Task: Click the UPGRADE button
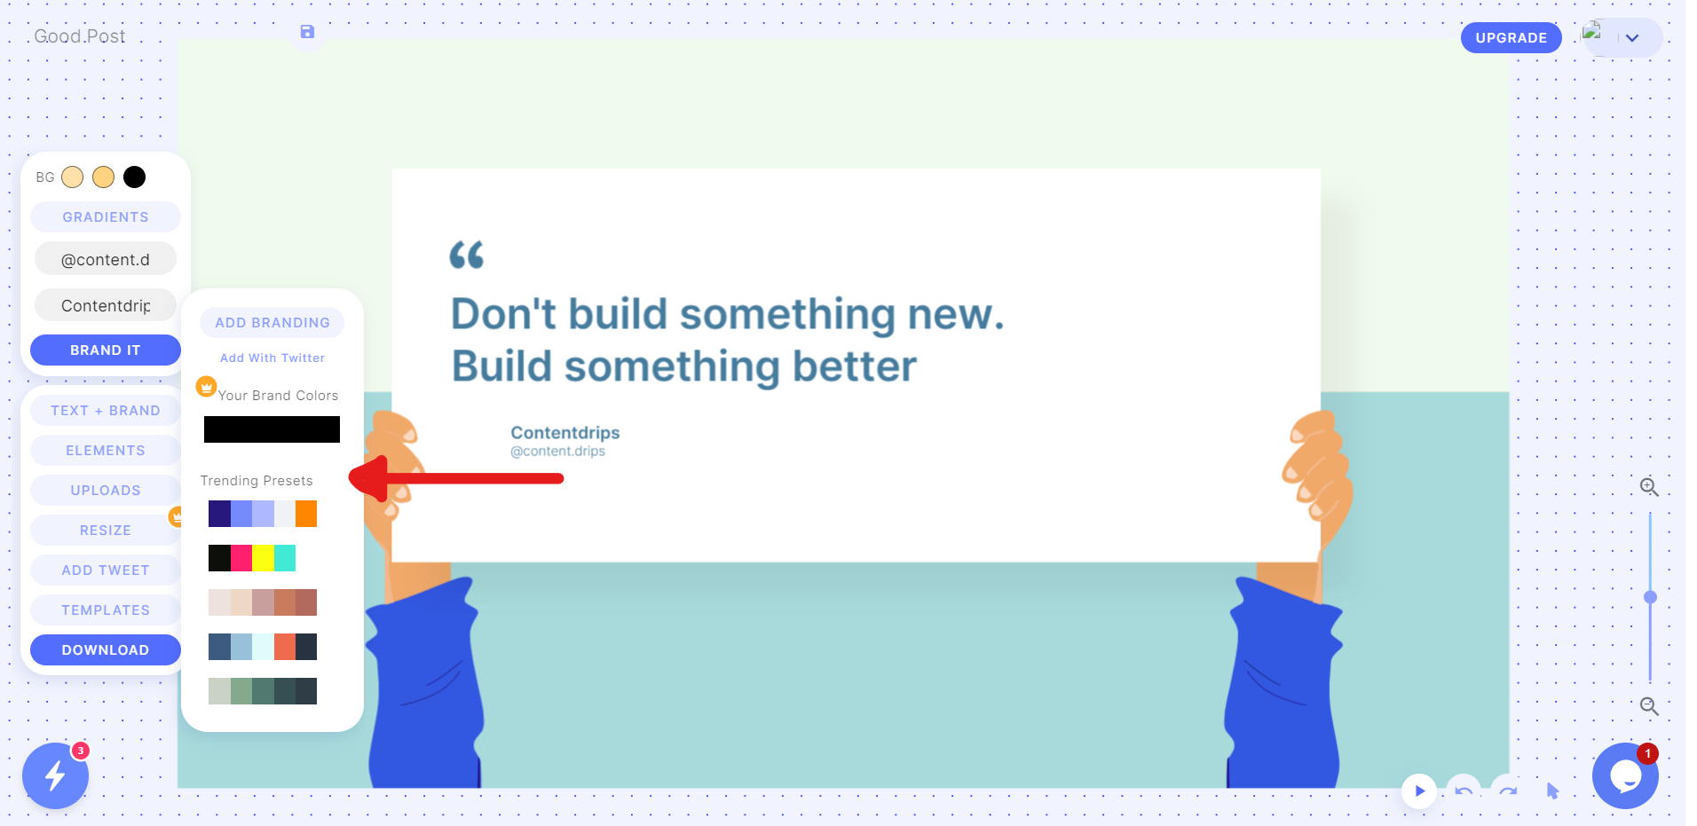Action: pyautogui.click(x=1511, y=38)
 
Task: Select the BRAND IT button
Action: pyautogui.click(x=106, y=350)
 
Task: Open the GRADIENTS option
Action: pyautogui.click(x=106, y=217)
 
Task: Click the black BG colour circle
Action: pyautogui.click(x=134, y=177)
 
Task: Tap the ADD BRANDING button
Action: pyautogui.click(x=272, y=323)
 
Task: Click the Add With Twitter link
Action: pyautogui.click(x=272, y=358)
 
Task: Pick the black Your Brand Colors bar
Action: pyautogui.click(x=272, y=429)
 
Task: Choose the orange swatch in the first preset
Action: pyautogui.click(x=306, y=514)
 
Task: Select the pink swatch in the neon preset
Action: pyautogui.click(x=241, y=558)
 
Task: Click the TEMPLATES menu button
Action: pyautogui.click(x=106, y=610)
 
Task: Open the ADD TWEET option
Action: pyautogui.click(x=106, y=570)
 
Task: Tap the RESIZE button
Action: pyautogui.click(x=106, y=531)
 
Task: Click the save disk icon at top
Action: pyautogui.click(x=307, y=32)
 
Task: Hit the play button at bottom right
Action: pyautogui.click(x=1419, y=791)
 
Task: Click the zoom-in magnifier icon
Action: pyautogui.click(x=1649, y=487)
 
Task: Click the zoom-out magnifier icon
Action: pyautogui.click(x=1649, y=706)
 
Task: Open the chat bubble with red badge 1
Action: pyautogui.click(x=1625, y=776)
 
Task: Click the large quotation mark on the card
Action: pyautogui.click(x=467, y=256)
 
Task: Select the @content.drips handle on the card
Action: pyautogui.click(x=557, y=452)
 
